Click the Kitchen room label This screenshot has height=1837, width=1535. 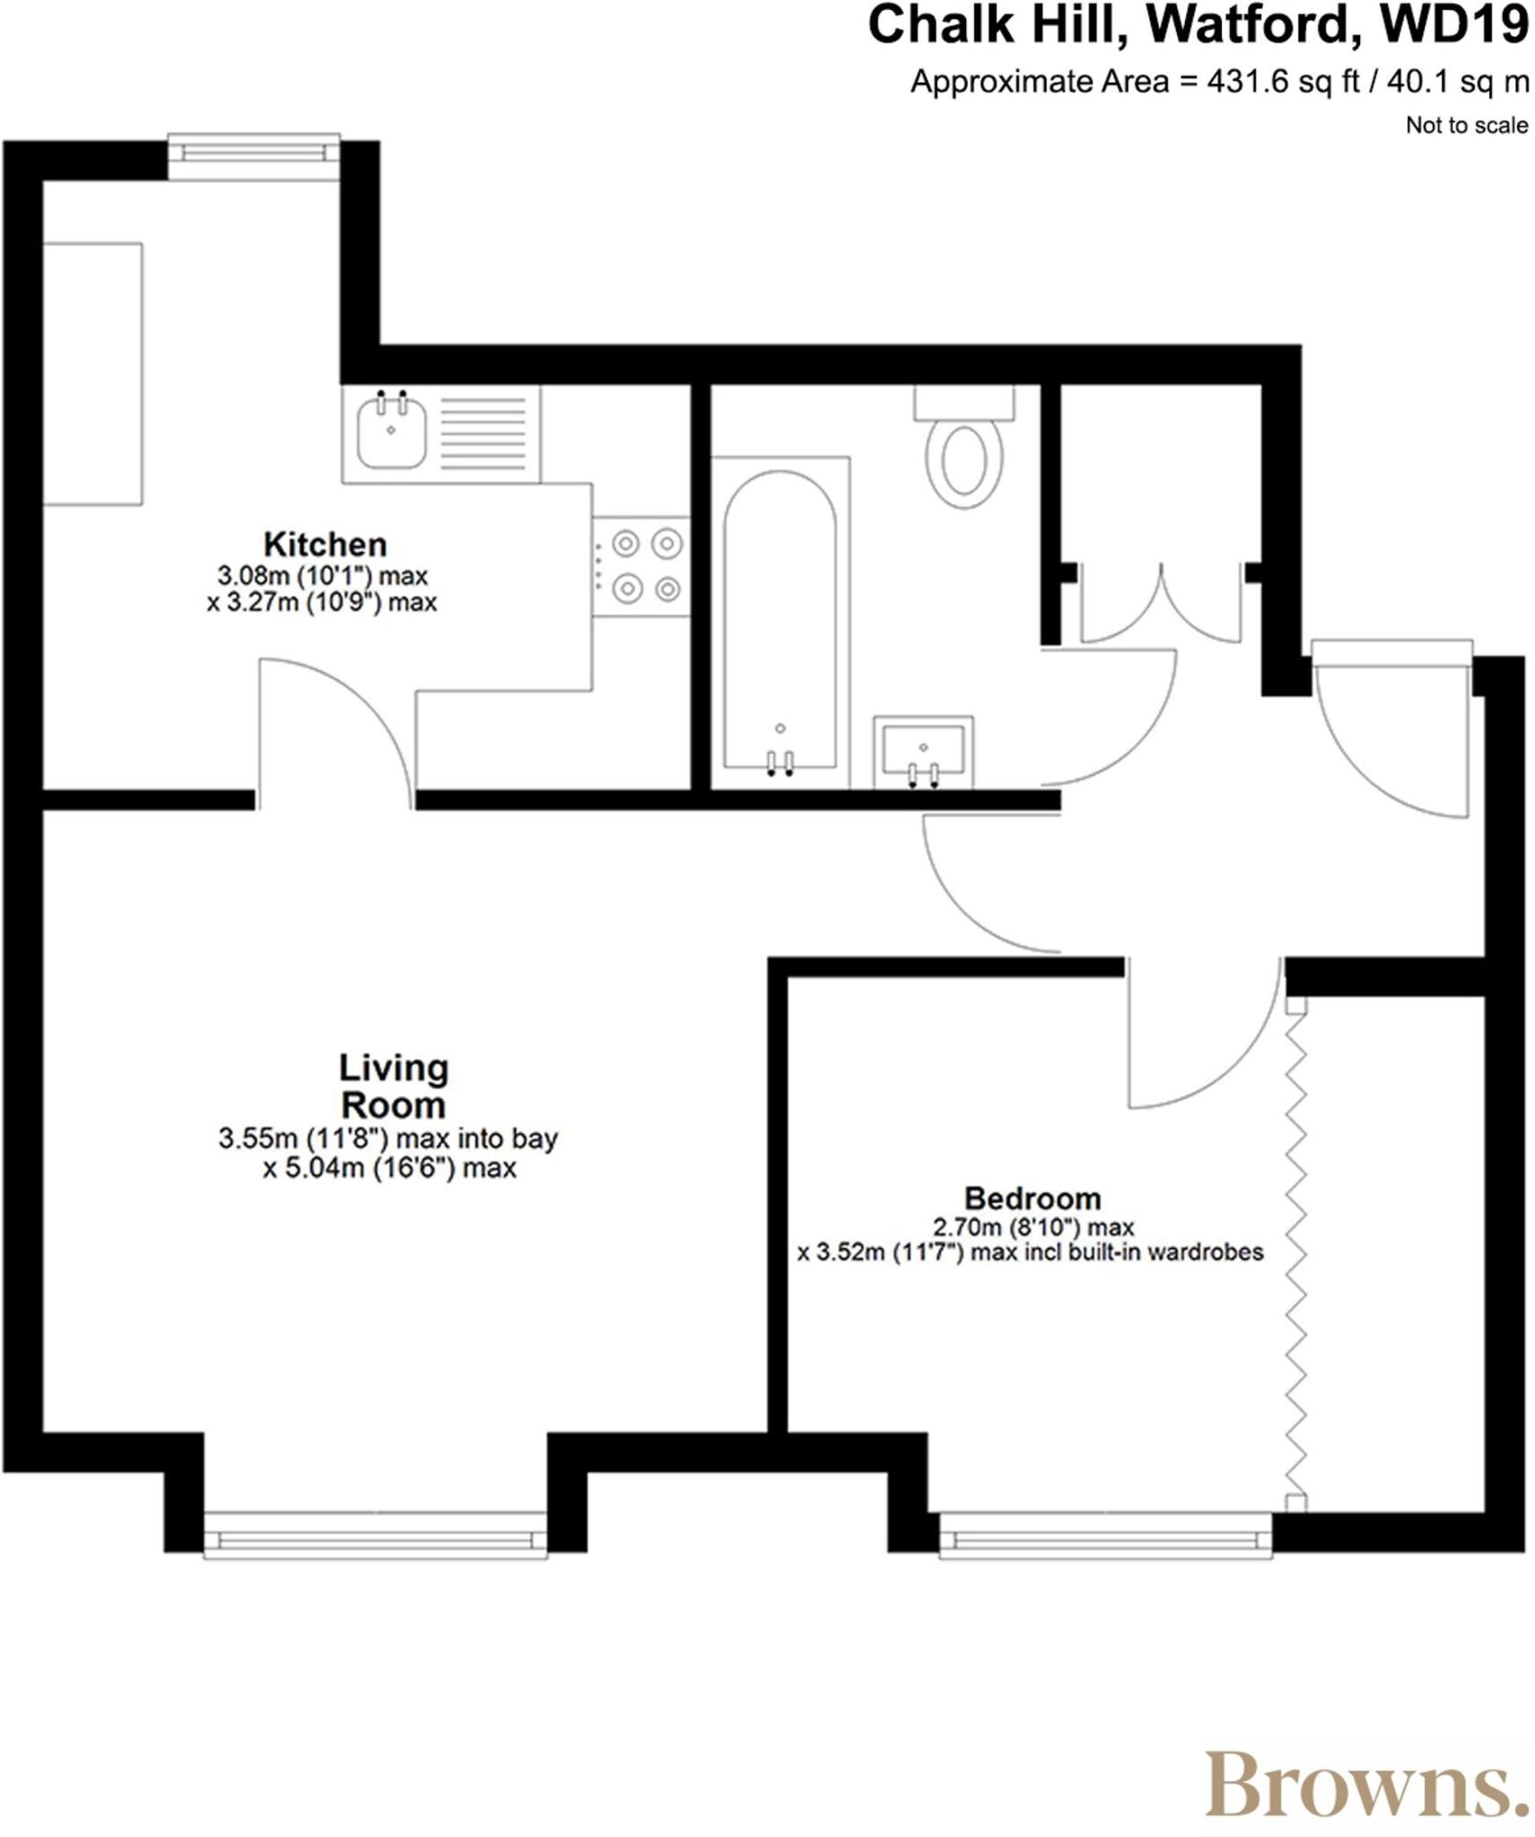pos(324,544)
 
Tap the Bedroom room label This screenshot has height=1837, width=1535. pos(1032,1198)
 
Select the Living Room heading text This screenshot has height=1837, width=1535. pos(393,1086)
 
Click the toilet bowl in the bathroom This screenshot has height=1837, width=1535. pos(964,461)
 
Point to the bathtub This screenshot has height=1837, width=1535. pos(780,619)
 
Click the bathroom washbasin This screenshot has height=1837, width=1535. pos(922,750)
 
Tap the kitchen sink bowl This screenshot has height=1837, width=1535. pos(391,432)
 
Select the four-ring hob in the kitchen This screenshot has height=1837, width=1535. pos(642,566)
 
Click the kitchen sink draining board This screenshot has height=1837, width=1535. pos(483,434)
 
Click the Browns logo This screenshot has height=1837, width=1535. pos(1365,1785)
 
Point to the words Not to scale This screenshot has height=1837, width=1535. pos(1466,126)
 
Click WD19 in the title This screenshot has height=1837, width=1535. pos(1454,25)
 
